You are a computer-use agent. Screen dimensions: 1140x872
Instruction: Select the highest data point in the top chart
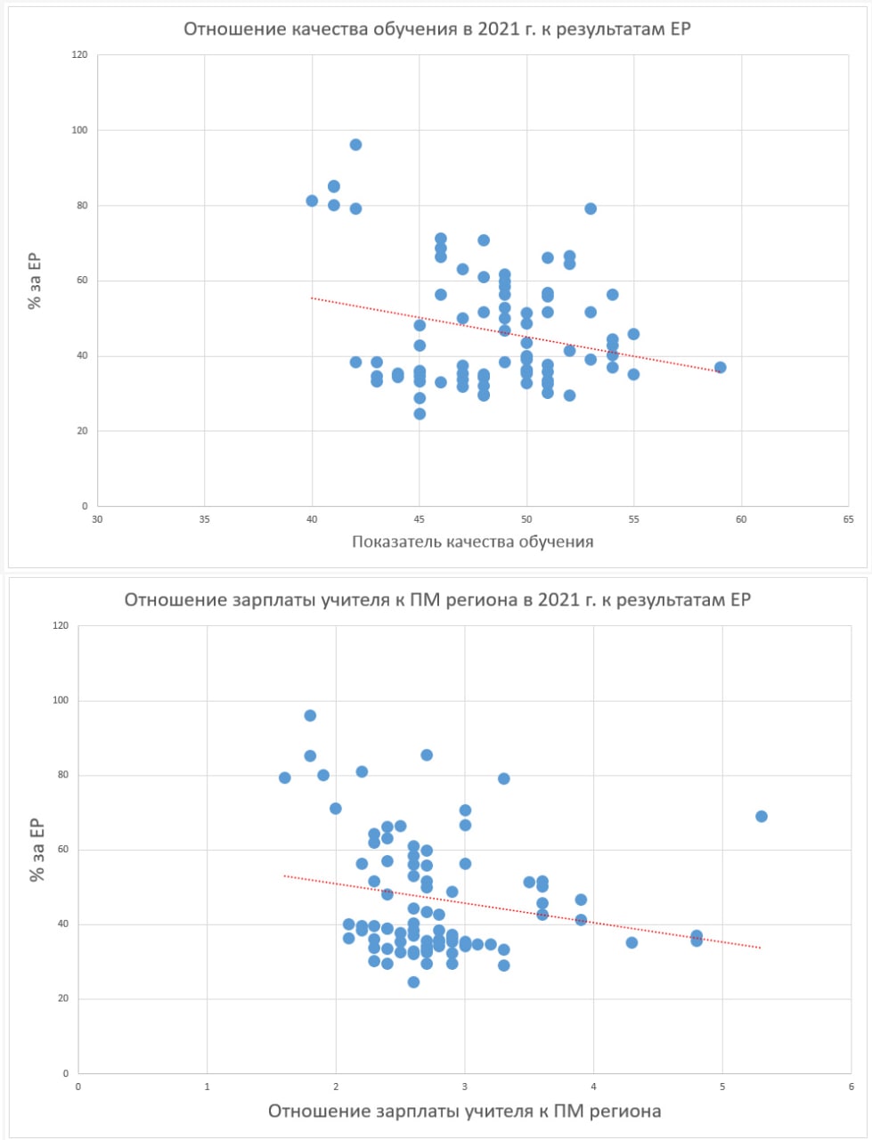click(355, 144)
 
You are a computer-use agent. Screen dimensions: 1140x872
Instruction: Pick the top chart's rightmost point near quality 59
click(720, 367)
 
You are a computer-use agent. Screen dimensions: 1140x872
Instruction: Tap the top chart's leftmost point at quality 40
click(312, 200)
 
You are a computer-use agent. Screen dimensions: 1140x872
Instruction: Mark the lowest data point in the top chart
click(420, 413)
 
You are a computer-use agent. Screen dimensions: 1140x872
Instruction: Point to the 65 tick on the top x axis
click(847, 519)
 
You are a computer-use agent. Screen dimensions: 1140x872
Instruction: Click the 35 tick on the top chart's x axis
click(205, 519)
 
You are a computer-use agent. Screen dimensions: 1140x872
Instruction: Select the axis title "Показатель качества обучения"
click(472, 541)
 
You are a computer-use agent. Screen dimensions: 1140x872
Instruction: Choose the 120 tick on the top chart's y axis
click(80, 55)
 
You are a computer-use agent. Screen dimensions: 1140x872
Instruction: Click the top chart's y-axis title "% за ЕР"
click(35, 281)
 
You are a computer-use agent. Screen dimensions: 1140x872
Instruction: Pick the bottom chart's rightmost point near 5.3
click(761, 816)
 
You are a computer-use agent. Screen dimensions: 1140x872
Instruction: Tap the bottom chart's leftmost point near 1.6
click(285, 778)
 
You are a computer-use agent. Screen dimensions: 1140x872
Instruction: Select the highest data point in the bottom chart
click(310, 715)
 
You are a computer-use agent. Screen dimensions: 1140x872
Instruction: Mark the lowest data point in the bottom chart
click(413, 981)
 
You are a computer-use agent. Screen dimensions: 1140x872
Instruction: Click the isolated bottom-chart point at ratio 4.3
click(632, 942)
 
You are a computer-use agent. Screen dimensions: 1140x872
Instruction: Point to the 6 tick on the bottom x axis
click(851, 1087)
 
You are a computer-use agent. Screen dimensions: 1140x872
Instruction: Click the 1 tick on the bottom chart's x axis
click(208, 1087)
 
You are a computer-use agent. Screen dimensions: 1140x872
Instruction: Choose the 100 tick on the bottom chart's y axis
click(61, 700)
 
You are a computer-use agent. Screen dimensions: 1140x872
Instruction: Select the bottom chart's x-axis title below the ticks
click(464, 1111)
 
